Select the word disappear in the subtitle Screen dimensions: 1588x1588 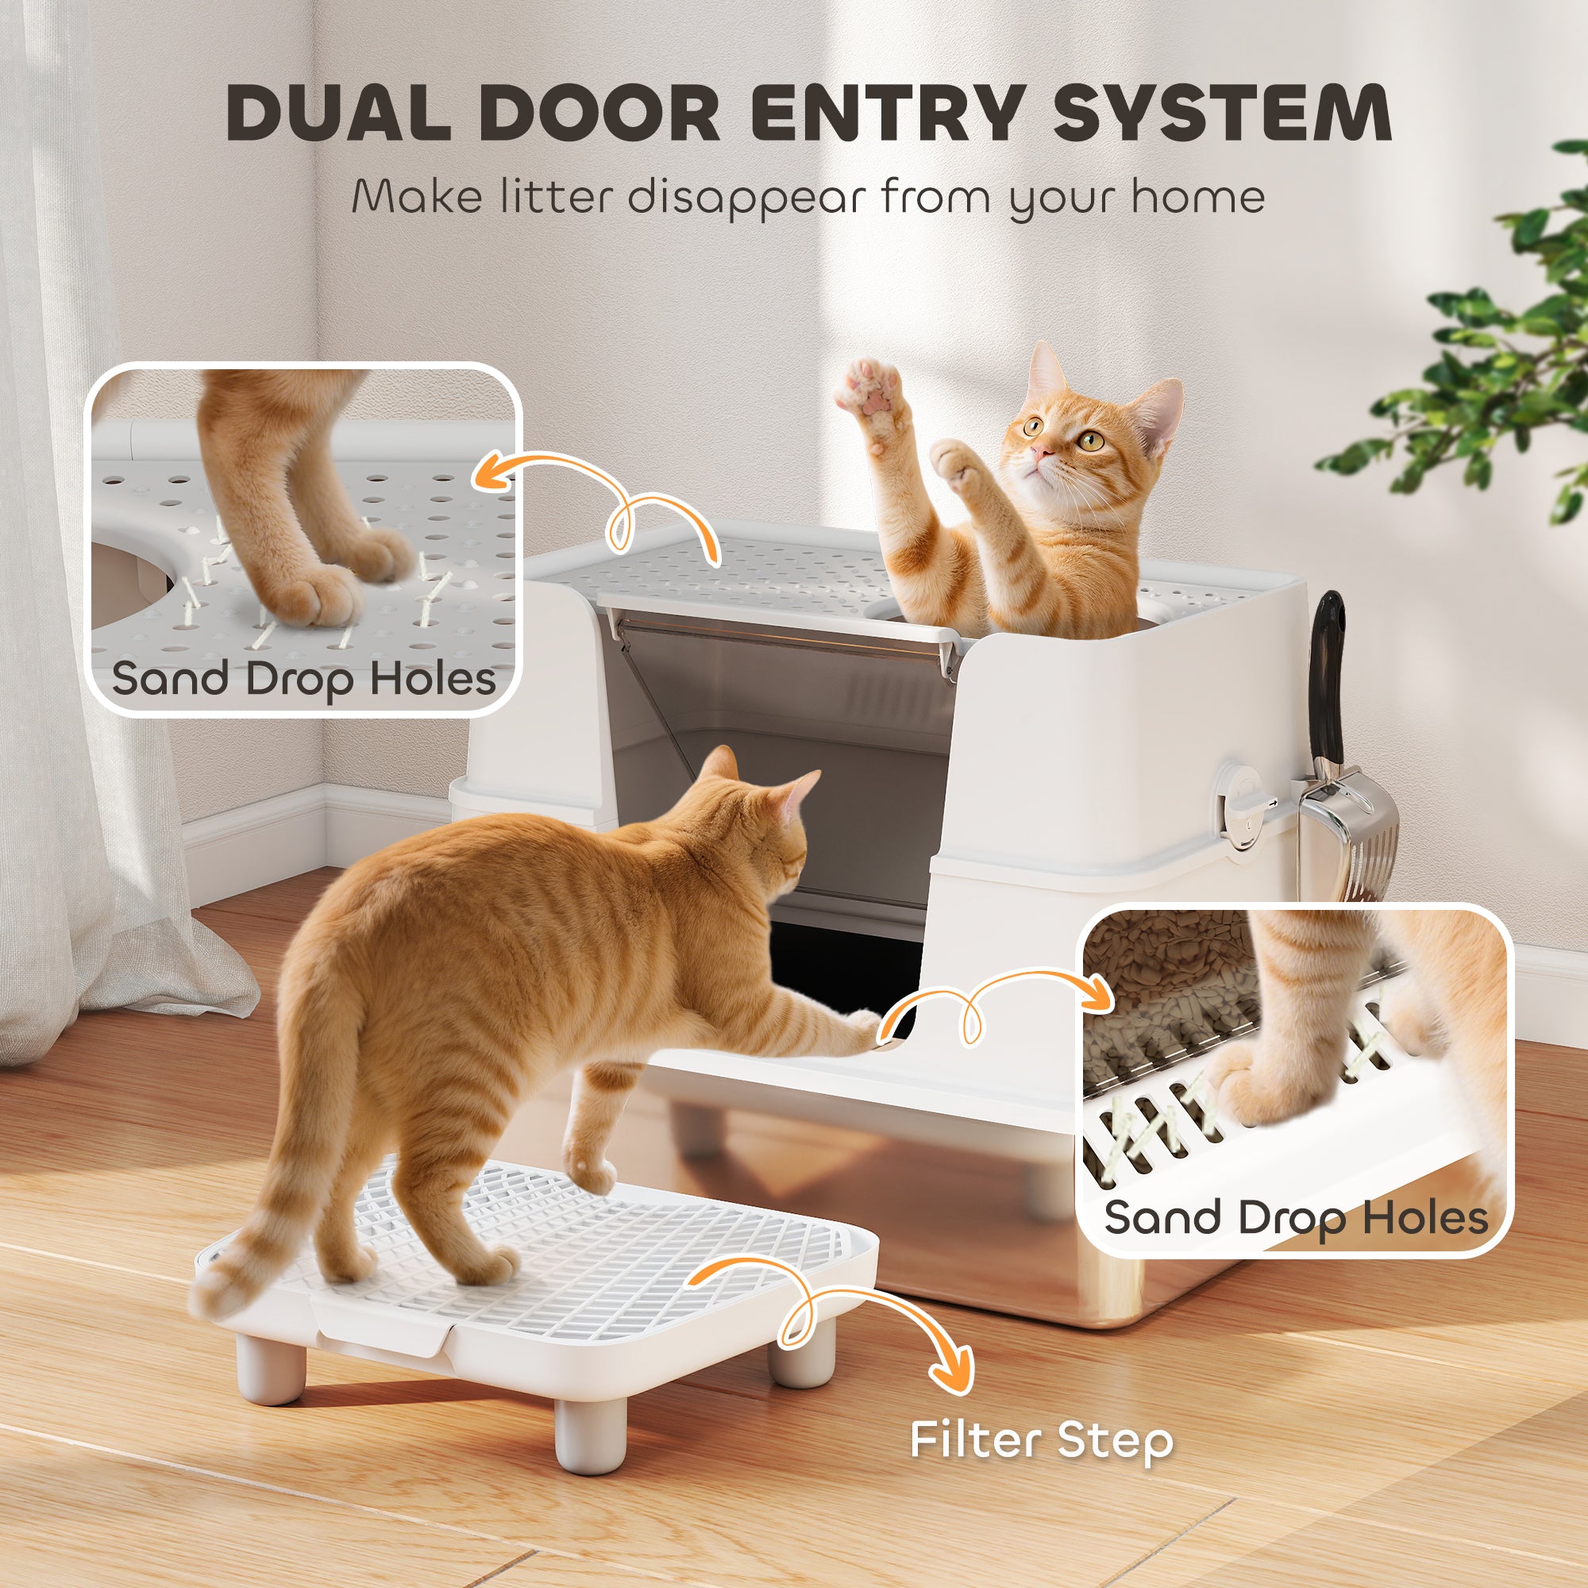(746, 198)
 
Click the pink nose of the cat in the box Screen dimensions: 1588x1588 (1043, 451)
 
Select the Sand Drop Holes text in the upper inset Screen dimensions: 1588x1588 (303, 679)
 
